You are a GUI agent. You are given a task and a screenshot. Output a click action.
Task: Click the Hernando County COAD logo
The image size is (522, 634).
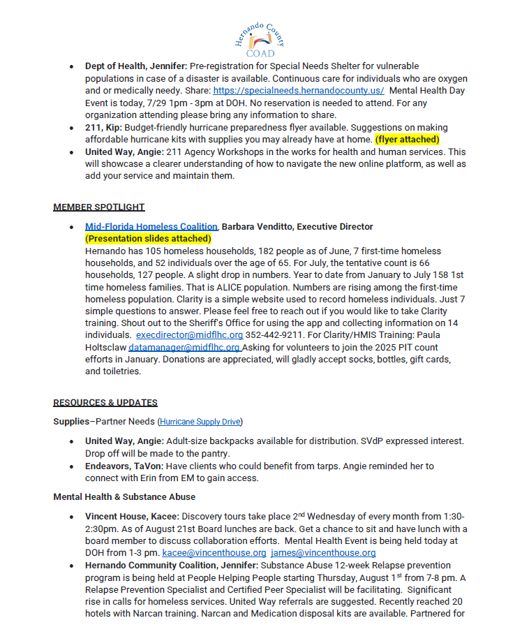point(260,38)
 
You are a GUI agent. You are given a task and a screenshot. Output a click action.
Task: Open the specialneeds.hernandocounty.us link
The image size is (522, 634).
point(298,91)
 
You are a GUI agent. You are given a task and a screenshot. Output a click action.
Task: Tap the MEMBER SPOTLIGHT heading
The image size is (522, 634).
point(98,207)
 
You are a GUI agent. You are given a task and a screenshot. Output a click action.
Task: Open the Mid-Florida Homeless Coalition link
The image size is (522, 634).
point(151,227)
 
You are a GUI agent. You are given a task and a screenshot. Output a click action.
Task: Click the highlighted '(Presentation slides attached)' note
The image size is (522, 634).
point(148,238)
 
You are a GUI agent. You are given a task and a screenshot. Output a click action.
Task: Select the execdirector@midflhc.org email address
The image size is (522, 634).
point(189,335)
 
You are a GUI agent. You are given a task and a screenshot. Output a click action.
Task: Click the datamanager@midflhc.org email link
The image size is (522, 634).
point(184,347)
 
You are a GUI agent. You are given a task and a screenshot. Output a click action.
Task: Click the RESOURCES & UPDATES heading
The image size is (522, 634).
point(105,402)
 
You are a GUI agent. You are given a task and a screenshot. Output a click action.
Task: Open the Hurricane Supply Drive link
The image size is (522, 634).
point(200,422)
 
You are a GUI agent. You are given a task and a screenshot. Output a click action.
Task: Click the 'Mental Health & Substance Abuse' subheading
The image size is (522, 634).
point(124,497)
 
